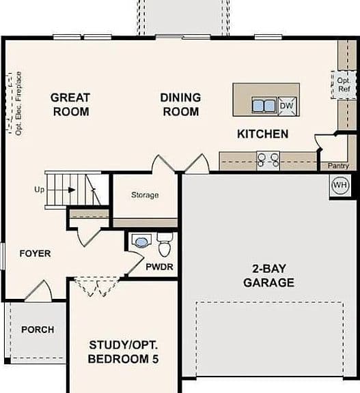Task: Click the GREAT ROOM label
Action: (x=70, y=104)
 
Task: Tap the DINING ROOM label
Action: (x=180, y=104)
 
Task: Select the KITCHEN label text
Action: (x=263, y=134)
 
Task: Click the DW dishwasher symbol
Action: (x=287, y=106)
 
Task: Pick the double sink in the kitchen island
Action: (x=264, y=105)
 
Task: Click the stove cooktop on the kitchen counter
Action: (x=268, y=160)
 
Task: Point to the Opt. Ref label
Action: (x=344, y=85)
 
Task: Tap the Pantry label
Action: (x=338, y=166)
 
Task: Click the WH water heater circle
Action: (x=340, y=185)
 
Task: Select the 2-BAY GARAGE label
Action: (x=268, y=276)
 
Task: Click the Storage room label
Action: (x=145, y=194)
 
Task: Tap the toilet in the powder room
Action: (x=165, y=245)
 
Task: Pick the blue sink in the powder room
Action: (x=141, y=242)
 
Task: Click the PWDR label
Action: (x=159, y=267)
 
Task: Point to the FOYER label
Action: (x=35, y=253)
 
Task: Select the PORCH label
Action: (x=38, y=330)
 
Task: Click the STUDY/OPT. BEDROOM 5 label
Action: (x=123, y=352)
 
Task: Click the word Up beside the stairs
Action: (x=40, y=190)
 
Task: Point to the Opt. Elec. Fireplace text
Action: (x=18, y=104)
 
